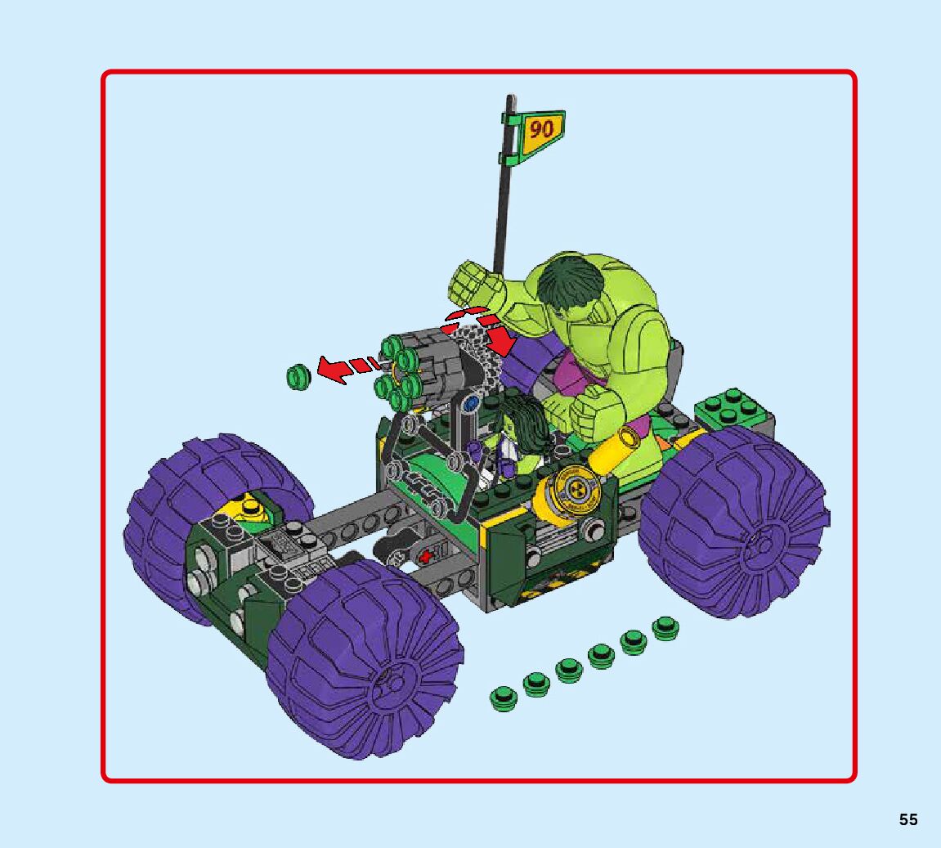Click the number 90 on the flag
(540, 129)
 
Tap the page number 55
(908, 819)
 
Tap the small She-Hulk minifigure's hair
(523, 420)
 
